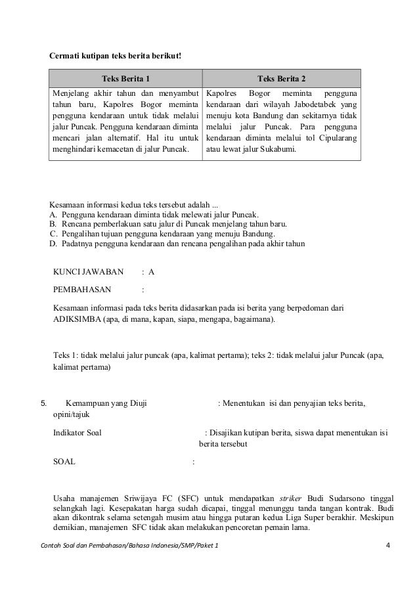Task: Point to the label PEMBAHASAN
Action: click(82, 289)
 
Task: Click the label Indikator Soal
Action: click(77, 432)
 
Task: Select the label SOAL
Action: click(64, 462)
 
